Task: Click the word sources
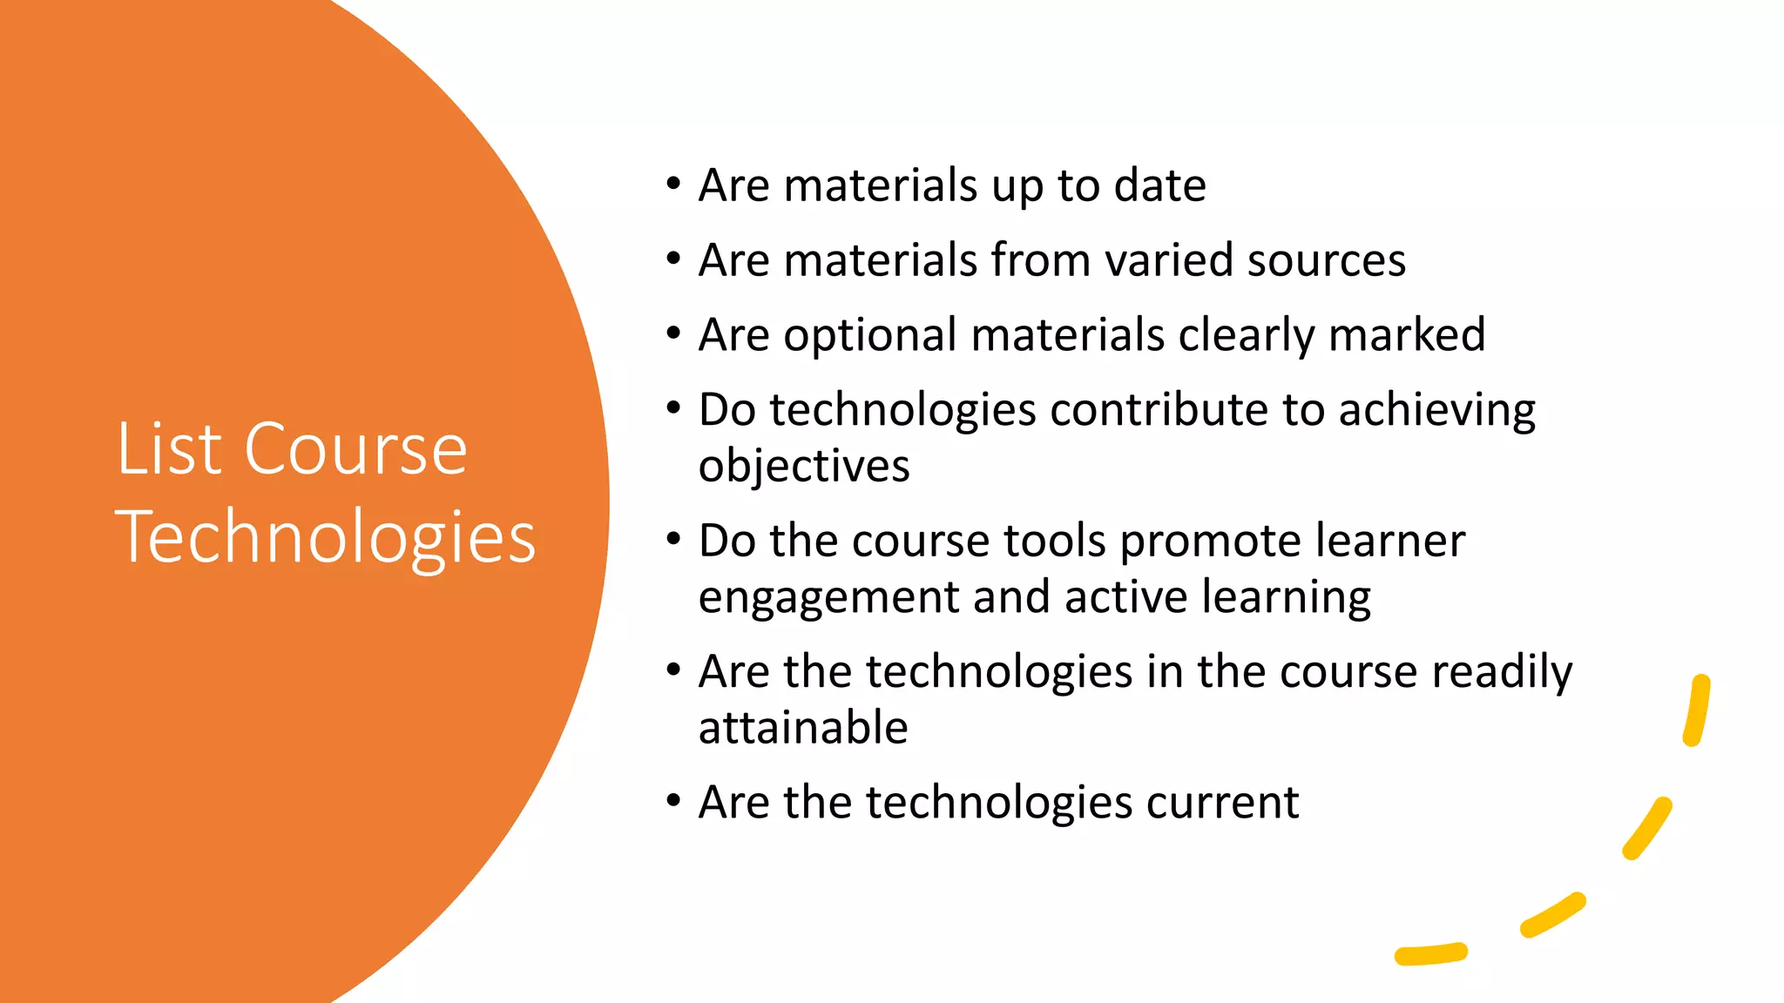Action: coord(1326,260)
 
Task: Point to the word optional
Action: coord(870,336)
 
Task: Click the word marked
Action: coord(1407,335)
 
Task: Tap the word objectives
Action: coord(804,467)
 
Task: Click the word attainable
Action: coord(803,728)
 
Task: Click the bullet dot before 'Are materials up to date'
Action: coord(672,185)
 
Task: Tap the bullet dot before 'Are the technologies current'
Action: coord(672,801)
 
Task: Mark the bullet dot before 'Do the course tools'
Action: coord(672,540)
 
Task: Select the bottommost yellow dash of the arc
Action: coord(1431,954)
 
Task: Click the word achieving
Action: coord(1436,411)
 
